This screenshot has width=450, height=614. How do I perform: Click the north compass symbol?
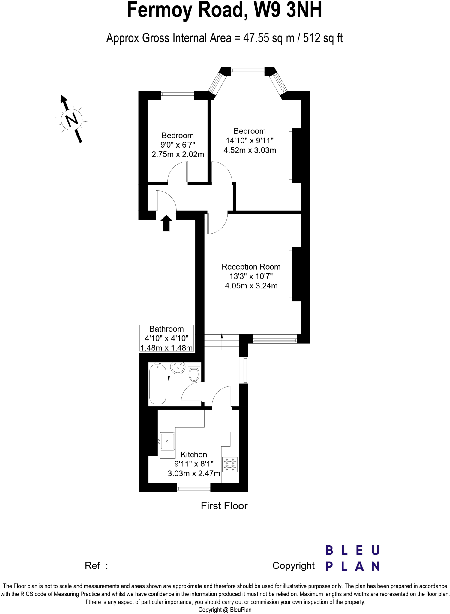pyautogui.click(x=72, y=120)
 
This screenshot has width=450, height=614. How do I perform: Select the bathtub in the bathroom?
pyautogui.click(x=157, y=384)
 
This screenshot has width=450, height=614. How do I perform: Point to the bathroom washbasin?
pyautogui.click(x=178, y=368)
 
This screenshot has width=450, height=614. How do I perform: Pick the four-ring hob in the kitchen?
pyautogui.click(x=230, y=464)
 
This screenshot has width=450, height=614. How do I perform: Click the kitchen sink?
pyautogui.click(x=167, y=441)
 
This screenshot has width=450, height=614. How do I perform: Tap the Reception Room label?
pyautogui.click(x=251, y=267)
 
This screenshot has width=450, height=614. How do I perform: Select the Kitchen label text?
pyautogui.click(x=194, y=455)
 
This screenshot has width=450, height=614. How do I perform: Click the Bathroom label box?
pyautogui.click(x=166, y=338)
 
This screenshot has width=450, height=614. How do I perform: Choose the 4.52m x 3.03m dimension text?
pyautogui.click(x=250, y=150)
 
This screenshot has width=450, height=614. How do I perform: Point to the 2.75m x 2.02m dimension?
pyautogui.click(x=178, y=154)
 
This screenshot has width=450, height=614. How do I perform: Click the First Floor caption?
pyautogui.click(x=224, y=506)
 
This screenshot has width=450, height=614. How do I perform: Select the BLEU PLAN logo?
pyautogui.click(x=352, y=558)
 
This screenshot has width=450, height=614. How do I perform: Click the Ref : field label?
pyautogui.click(x=96, y=566)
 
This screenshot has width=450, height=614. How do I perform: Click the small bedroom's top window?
pyautogui.click(x=178, y=96)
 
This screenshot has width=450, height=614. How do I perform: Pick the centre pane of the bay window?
pyautogui.click(x=248, y=71)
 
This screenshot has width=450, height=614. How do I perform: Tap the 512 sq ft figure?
pyautogui.click(x=323, y=38)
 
